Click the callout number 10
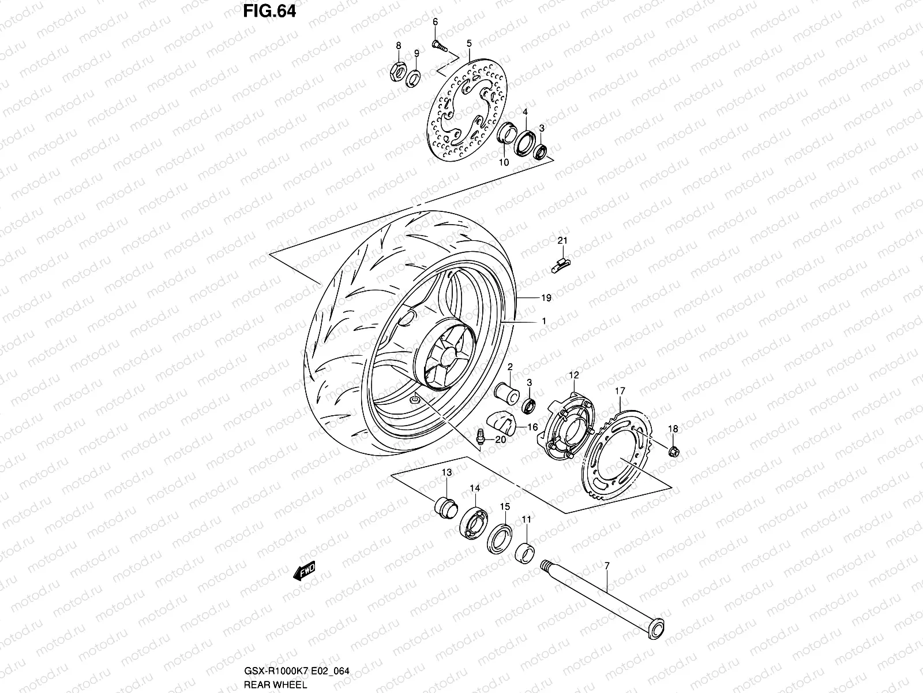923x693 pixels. click(x=504, y=162)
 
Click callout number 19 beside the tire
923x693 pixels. click(x=546, y=298)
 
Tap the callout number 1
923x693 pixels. click(x=543, y=321)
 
